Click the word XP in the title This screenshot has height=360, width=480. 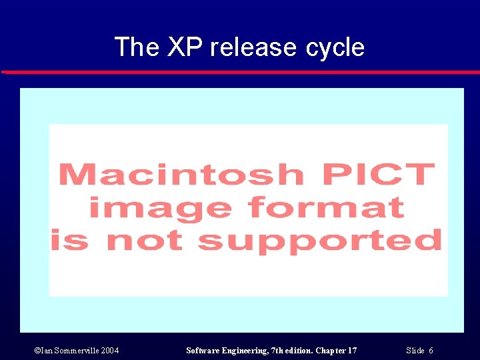point(185,47)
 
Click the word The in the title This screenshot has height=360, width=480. point(137,47)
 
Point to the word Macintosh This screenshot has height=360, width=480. point(182,175)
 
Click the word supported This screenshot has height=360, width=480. point(320,241)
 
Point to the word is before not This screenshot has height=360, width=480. point(70,241)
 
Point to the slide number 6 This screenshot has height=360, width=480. point(431,351)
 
